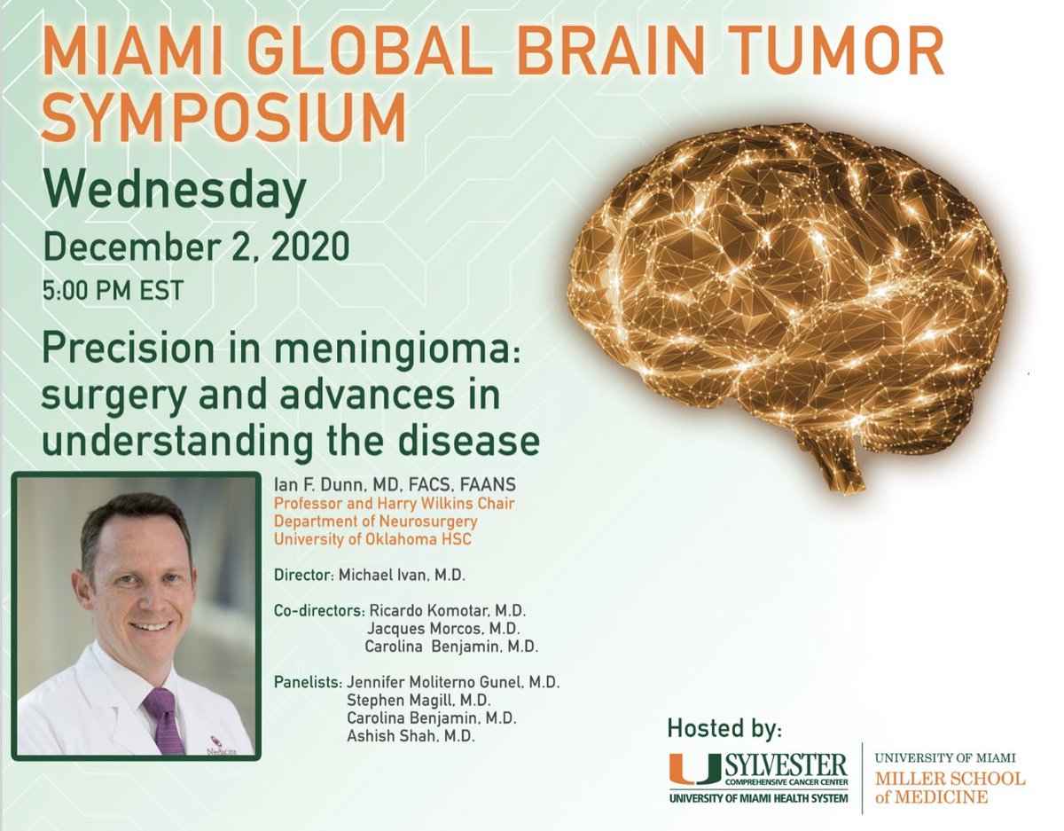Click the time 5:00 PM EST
[113, 291]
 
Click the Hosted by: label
[724, 729]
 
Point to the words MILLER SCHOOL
[950, 779]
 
